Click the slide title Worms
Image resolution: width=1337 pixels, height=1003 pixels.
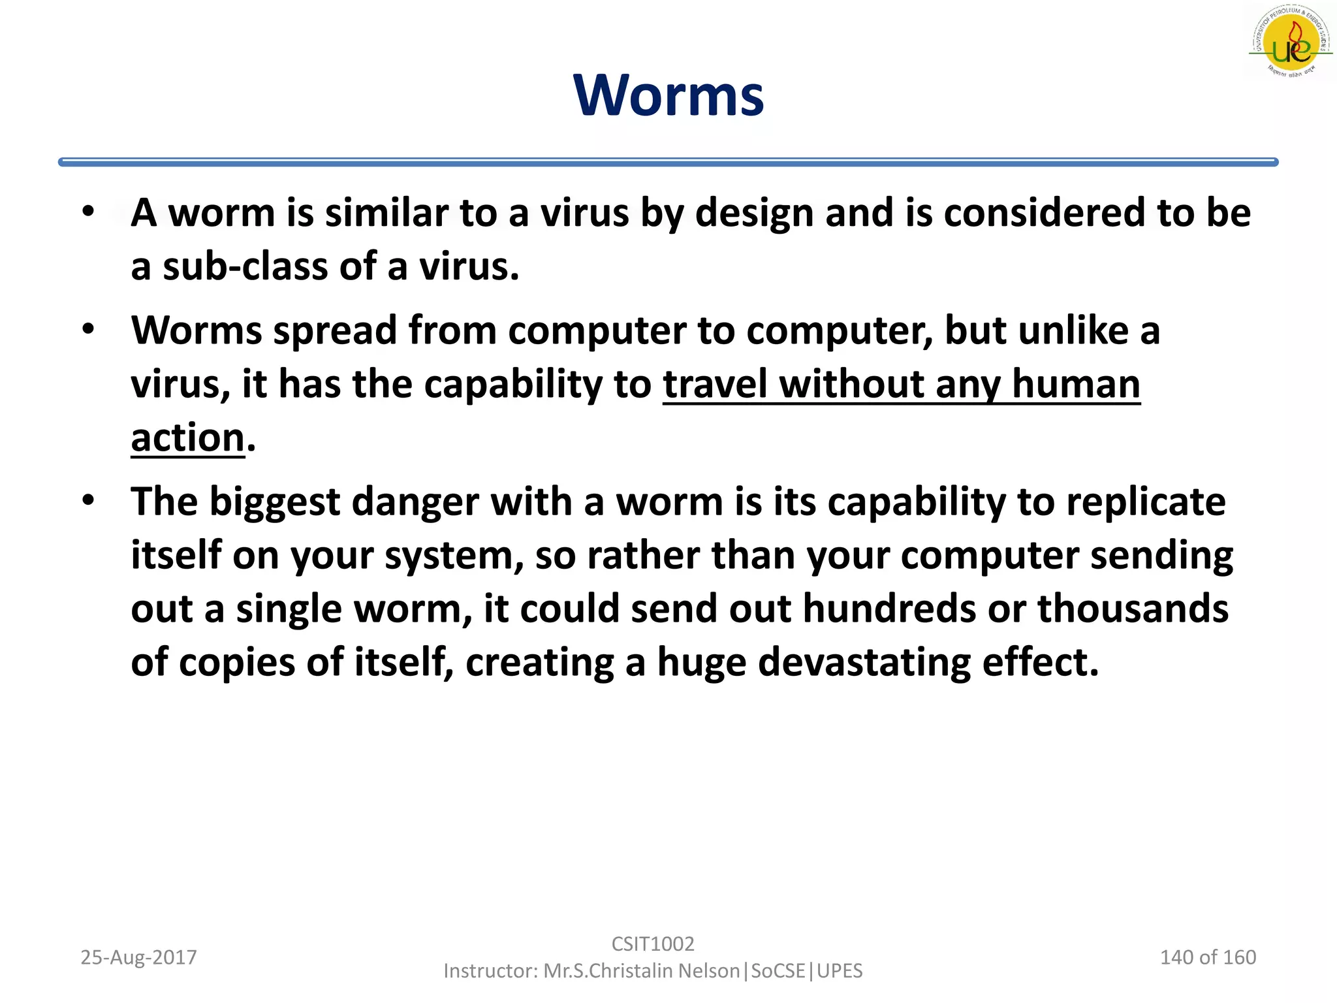tap(668, 96)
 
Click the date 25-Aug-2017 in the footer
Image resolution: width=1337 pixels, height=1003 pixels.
tap(138, 957)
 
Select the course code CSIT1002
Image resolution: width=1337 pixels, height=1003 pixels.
tap(652, 944)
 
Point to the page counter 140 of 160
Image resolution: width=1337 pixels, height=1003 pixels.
tap(1207, 957)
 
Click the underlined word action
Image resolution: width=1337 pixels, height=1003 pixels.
tap(187, 438)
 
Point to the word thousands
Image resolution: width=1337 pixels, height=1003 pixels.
tap(1133, 609)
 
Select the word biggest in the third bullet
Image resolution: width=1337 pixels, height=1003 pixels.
tap(274, 503)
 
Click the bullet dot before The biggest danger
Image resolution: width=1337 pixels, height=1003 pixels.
tap(89, 501)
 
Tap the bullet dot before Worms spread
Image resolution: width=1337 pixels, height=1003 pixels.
tap(89, 329)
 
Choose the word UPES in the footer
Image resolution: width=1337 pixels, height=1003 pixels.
tap(840, 971)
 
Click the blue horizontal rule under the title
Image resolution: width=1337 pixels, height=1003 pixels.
tap(668, 162)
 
